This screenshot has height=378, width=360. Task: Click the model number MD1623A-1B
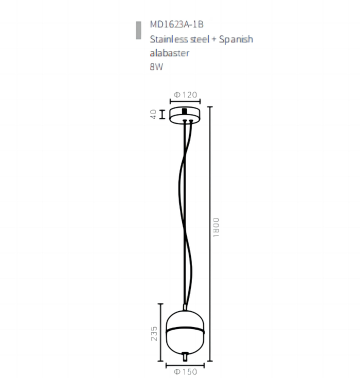coord(177,24)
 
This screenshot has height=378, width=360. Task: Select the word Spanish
coord(236,39)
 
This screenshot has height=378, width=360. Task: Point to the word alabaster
coord(169,53)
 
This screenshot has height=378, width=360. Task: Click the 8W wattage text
coord(156,67)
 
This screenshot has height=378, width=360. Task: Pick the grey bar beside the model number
coord(138,30)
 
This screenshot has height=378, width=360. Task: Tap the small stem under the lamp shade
coord(185,355)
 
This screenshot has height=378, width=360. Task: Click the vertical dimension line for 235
coord(160,332)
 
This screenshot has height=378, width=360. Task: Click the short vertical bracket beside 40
coord(161,114)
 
